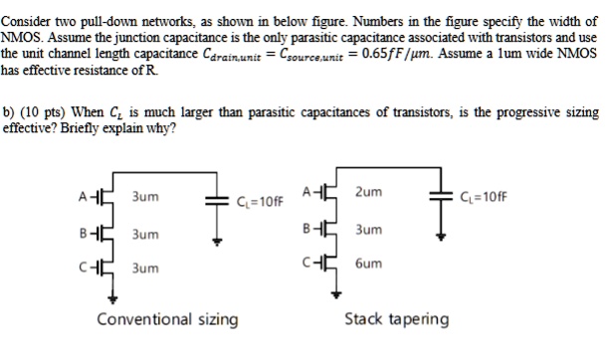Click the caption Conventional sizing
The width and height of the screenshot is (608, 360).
(x=167, y=319)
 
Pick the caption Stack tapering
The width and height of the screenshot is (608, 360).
(x=397, y=319)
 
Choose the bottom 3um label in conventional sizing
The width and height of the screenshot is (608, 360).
(x=145, y=269)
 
